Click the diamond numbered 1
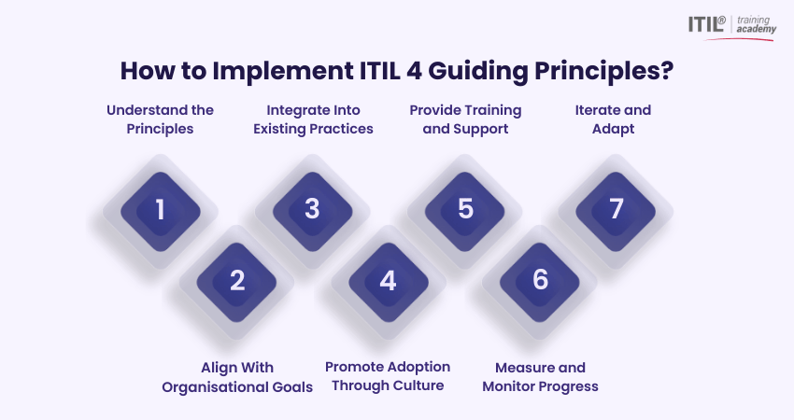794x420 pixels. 161,211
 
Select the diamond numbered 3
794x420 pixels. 312,211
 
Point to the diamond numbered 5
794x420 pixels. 465,211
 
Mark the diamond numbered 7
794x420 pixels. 616,211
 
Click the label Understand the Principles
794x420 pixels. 160,119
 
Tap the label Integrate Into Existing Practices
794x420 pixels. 313,119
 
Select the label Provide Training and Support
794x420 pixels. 465,119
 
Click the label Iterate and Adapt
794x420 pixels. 613,119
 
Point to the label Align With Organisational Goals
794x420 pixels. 237,377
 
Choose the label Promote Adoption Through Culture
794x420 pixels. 388,376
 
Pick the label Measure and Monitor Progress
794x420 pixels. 540,377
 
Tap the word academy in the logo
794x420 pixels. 756,29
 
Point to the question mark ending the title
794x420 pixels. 667,70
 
